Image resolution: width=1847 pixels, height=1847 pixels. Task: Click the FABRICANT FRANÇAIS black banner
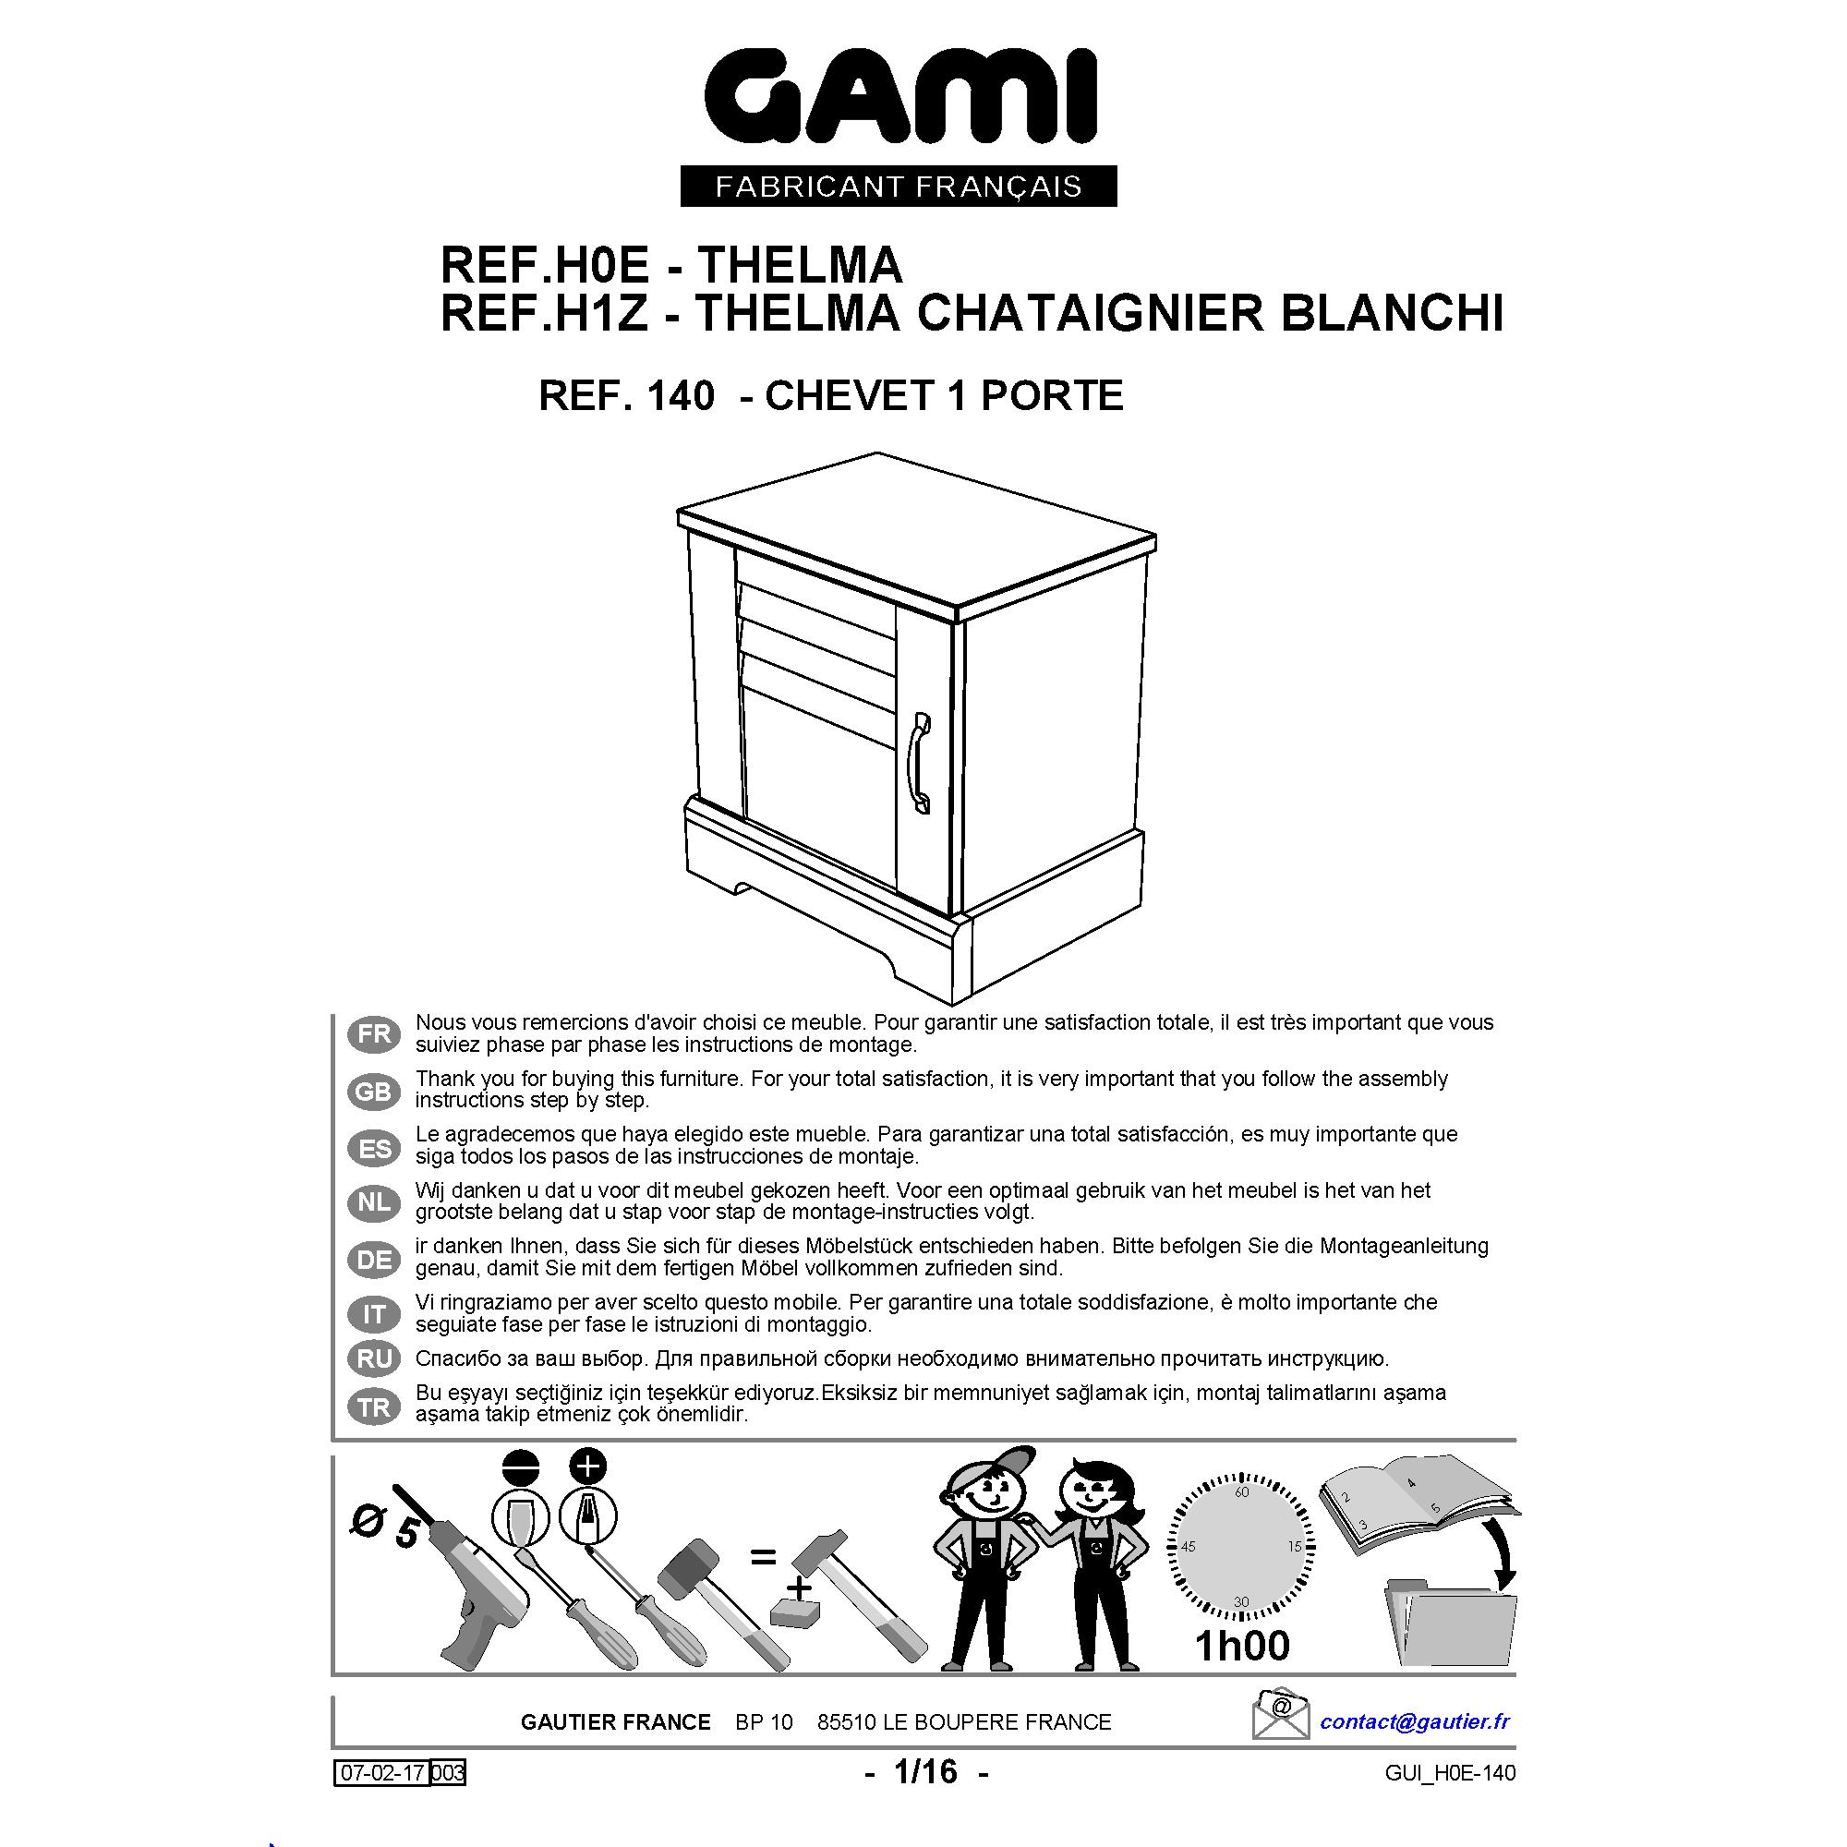click(x=899, y=186)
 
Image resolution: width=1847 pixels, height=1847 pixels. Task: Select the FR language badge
click(x=374, y=1034)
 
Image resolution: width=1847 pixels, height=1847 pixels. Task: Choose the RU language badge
click(x=374, y=1358)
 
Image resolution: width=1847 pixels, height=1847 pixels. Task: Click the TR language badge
click(x=374, y=1406)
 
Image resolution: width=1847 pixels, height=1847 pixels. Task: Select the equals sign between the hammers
click(x=762, y=1557)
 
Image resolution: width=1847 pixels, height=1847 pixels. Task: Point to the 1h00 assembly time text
click(x=1242, y=1647)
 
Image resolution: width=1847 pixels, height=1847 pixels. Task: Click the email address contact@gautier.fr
click(x=1415, y=1721)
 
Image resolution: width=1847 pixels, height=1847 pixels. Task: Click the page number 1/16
click(x=925, y=1771)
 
